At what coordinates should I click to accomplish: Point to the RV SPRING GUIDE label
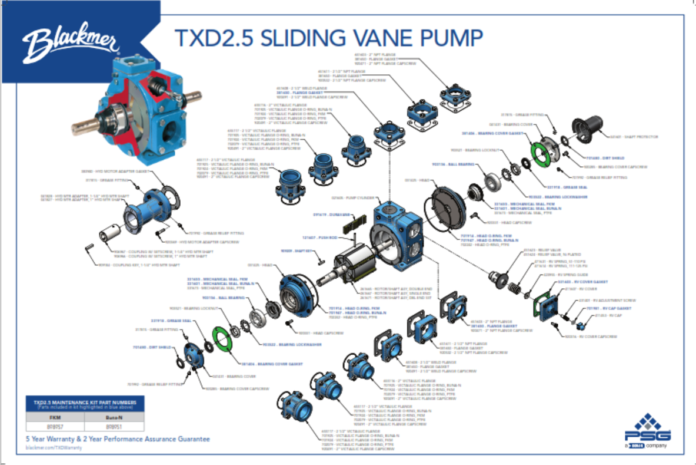(558, 275)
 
